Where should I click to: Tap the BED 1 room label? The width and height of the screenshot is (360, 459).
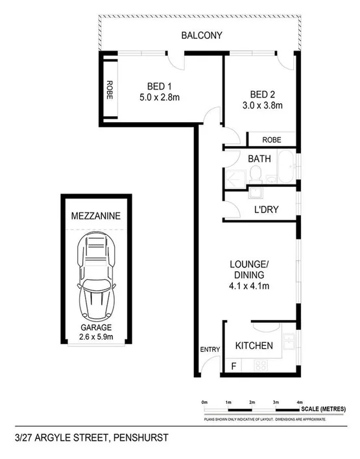pyautogui.click(x=159, y=86)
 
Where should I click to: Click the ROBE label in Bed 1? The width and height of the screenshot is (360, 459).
pyautogui.click(x=110, y=88)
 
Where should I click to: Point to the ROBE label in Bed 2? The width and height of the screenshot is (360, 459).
pyautogui.click(x=272, y=140)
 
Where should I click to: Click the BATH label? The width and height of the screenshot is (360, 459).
pyautogui.click(x=259, y=158)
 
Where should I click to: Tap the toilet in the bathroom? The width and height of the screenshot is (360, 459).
pyautogui.click(x=255, y=173)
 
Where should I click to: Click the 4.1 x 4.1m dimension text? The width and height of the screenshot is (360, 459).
pyautogui.click(x=249, y=285)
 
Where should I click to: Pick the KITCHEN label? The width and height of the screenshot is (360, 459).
pyautogui.click(x=253, y=345)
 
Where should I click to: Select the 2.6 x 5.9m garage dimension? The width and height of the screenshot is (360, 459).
pyautogui.click(x=96, y=337)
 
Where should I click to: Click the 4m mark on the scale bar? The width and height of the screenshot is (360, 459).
pyautogui.click(x=299, y=403)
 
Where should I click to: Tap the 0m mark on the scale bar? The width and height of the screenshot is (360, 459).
pyautogui.click(x=204, y=403)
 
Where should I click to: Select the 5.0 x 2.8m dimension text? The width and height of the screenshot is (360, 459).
pyautogui.click(x=159, y=97)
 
